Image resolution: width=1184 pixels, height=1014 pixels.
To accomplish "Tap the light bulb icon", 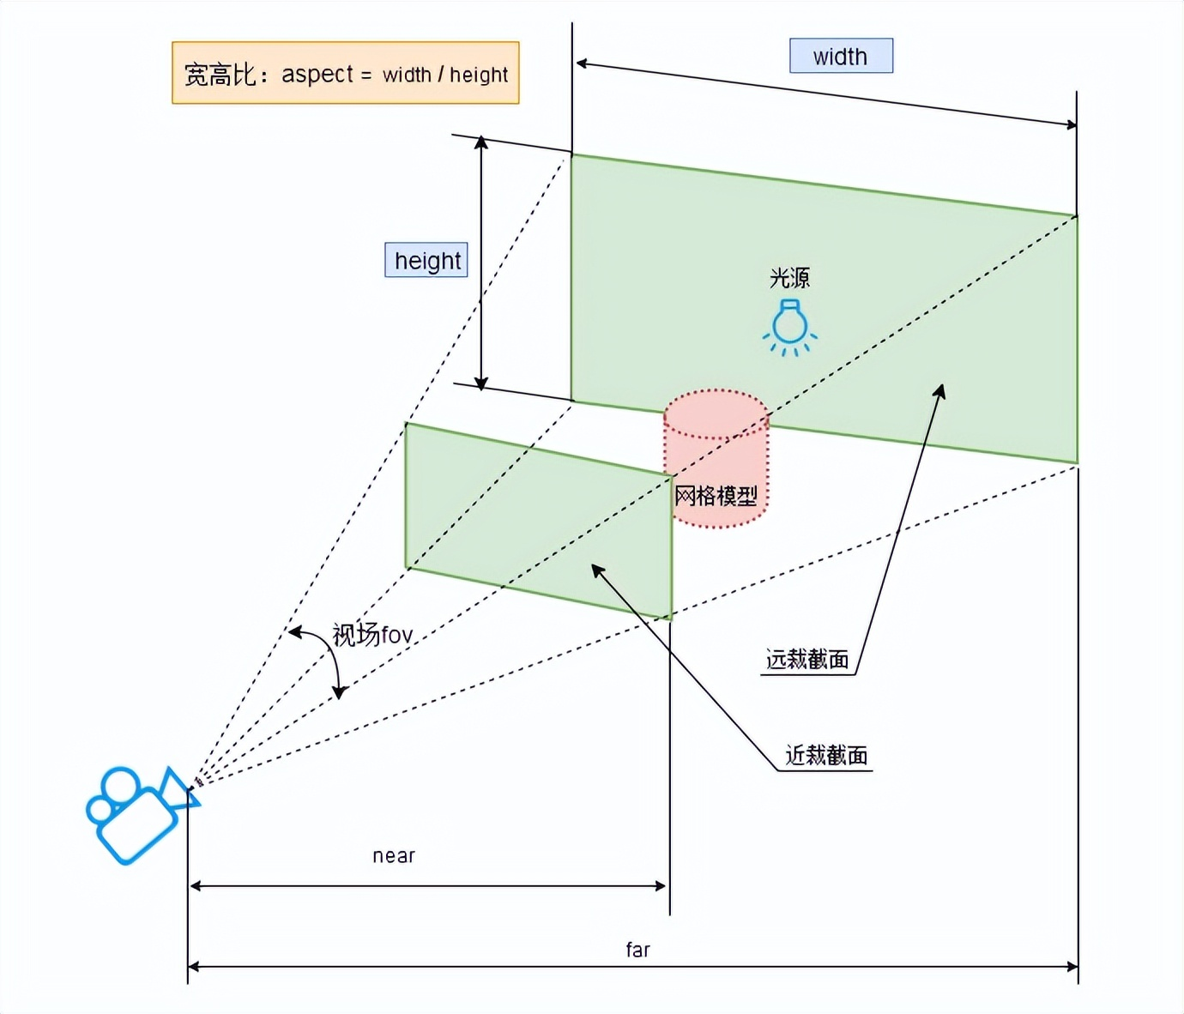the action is tap(789, 326).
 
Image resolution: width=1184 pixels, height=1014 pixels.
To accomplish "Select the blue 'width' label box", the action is tap(841, 57).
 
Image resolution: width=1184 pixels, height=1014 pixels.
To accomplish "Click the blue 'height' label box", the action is tap(426, 260).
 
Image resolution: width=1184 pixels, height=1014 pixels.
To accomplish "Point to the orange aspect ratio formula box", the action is tap(345, 74).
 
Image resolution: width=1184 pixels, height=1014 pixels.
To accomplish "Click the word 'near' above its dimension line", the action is tap(394, 856).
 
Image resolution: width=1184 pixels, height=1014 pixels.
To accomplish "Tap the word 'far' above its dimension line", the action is tap(637, 950).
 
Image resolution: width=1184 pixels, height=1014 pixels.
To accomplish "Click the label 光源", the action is tap(789, 278).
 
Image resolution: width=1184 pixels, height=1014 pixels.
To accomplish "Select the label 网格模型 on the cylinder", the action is tap(716, 496).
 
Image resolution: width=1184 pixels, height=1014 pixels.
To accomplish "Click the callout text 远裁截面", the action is tap(806, 660).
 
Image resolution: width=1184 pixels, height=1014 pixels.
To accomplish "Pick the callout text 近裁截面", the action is tap(826, 756).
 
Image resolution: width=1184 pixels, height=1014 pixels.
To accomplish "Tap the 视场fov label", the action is tap(372, 636).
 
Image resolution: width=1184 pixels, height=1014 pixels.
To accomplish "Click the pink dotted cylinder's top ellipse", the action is tap(716, 413).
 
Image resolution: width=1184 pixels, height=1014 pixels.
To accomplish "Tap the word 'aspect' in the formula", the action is tap(317, 75).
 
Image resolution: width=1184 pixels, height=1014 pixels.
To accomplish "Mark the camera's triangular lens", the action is tap(180, 789).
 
